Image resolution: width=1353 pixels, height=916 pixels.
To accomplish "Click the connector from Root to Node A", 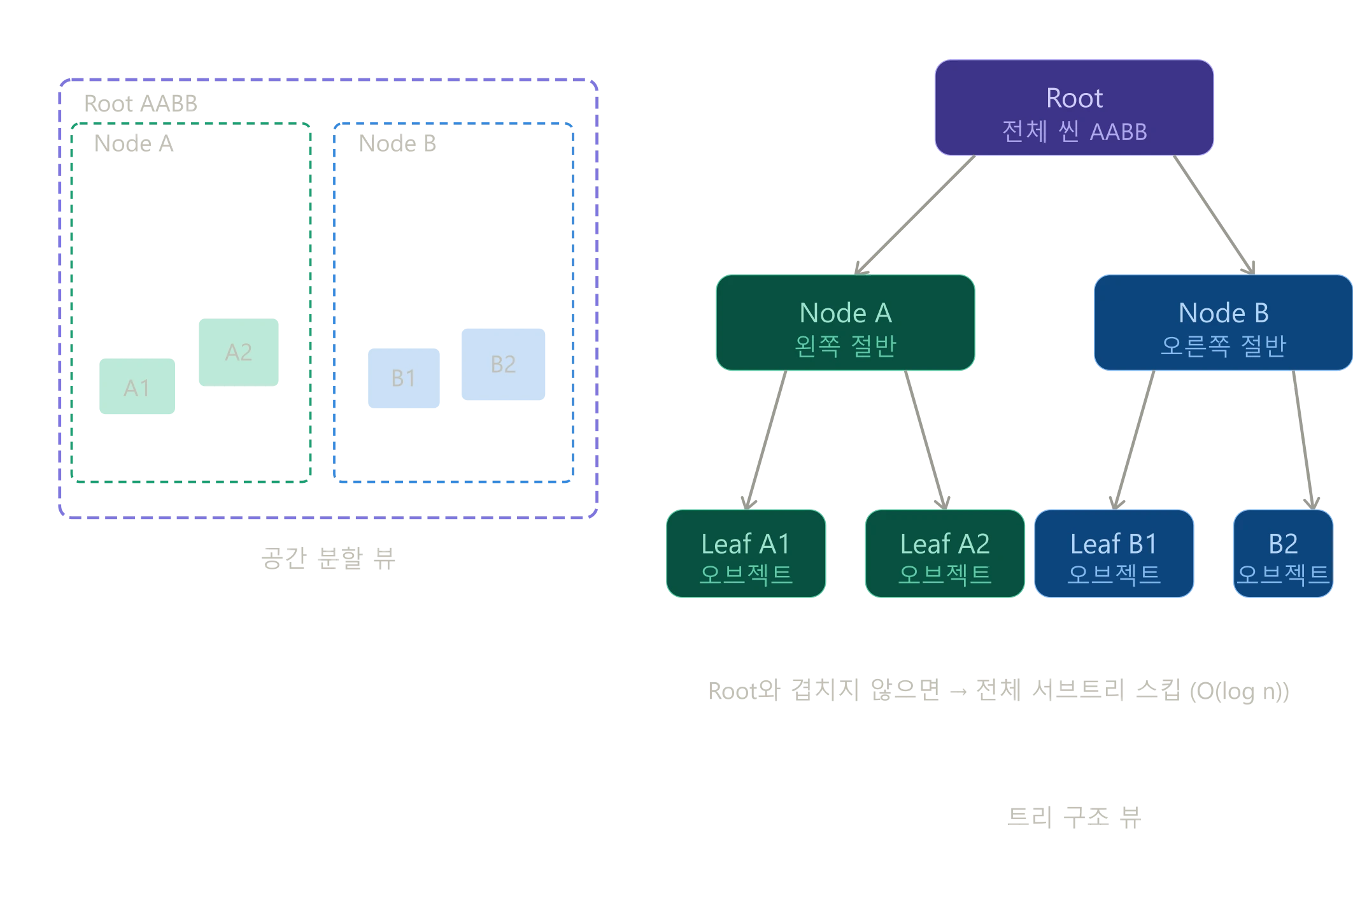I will [x=917, y=213].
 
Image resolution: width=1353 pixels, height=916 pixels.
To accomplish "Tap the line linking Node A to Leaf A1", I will [x=767, y=440].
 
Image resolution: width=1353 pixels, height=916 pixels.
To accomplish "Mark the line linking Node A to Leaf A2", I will [x=924, y=440].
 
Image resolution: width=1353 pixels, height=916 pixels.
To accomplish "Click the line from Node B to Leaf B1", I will [x=1133, y=440].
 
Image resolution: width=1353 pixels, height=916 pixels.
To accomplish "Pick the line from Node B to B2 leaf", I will [x=1301, y=440].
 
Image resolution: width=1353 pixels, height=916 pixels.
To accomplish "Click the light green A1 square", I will [x=137, y=387].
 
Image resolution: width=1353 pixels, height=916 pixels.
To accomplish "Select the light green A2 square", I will [x=239, y=352].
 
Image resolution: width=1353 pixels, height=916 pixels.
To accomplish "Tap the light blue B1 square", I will [x=404, y=378].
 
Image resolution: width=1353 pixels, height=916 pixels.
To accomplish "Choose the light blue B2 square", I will [x=503, y=364].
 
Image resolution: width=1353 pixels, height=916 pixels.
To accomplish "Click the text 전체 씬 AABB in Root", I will [x=1074, y=132].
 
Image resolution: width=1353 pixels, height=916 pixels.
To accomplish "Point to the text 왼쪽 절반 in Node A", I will [x=846, y=346].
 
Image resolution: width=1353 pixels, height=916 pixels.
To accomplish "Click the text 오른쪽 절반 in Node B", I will [x=1223, y=346].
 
